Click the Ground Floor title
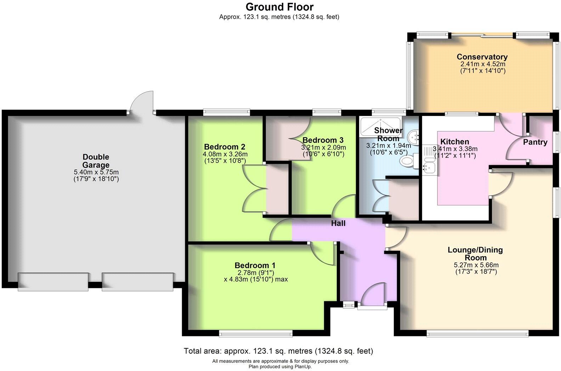[279, 7]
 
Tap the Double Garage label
[96, 161]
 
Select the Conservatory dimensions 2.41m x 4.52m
[482, 64]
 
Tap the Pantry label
[535, 142]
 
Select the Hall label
[338, 223]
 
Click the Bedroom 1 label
[255, 265]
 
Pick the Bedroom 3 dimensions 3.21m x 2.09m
[323, 147]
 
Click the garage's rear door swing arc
[141, 101]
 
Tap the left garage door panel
[53, 282]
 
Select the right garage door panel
[138, 282]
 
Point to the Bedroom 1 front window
[256, 333]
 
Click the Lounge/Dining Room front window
[477, 333]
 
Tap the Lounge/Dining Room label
[475, 254]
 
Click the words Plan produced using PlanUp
[280, 367]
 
